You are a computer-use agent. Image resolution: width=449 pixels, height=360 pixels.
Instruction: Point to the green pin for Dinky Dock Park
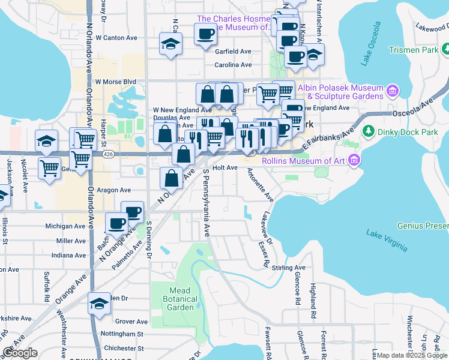coord(368,131)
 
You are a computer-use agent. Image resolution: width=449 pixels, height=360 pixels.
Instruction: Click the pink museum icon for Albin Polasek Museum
coord(393,91)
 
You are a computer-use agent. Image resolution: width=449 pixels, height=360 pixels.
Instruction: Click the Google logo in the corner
coord(20,353)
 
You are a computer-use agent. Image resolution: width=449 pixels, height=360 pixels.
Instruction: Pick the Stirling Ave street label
coord(289,268)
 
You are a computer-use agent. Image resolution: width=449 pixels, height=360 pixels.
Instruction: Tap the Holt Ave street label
coord(225,168)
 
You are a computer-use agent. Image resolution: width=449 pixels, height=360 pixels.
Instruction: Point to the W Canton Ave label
coord(121,37)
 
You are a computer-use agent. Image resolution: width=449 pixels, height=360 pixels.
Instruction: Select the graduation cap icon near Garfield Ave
coord(170,44)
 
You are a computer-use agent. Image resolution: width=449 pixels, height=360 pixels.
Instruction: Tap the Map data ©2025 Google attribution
coord(412,355)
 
